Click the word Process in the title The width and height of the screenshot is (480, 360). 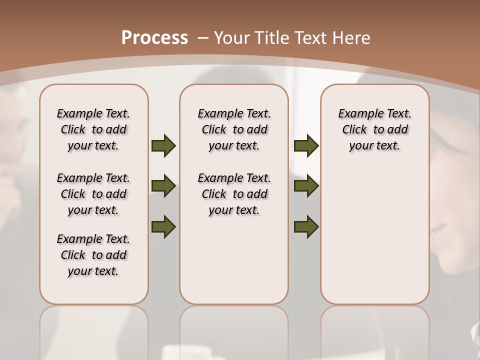[x=154, y=37]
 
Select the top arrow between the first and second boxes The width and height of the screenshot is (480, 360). [x=163, y=145]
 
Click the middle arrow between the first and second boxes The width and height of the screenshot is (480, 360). [x=163, y=186]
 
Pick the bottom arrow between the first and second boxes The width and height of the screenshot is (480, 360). [x=163, y=226]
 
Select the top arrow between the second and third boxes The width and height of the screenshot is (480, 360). [x=306, y=145]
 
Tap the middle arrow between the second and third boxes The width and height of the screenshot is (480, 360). [x=306, y=186]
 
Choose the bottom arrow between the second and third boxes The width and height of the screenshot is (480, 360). [x=306, y=226]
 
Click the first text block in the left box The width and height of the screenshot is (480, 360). [x=93, y=129]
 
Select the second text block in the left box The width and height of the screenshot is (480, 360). [x=93, y=194]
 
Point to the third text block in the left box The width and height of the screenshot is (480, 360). [x=93, y=255]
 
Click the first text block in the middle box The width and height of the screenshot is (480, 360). [x=234, y=129]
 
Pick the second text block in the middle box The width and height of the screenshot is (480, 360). [x=234, y=194]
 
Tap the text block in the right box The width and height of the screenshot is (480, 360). [x=374, y=129]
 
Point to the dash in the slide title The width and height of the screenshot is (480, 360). [x=203, y=38]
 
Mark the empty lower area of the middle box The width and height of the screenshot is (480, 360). [x=234, y=260]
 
